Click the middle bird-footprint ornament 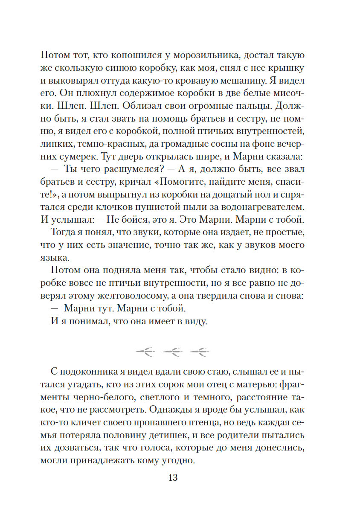pyautogui.click(x=173, y=352)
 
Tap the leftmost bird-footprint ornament pyautogui.click(x=145, y=352)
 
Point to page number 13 pyautogui.click(x=173, y=477)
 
